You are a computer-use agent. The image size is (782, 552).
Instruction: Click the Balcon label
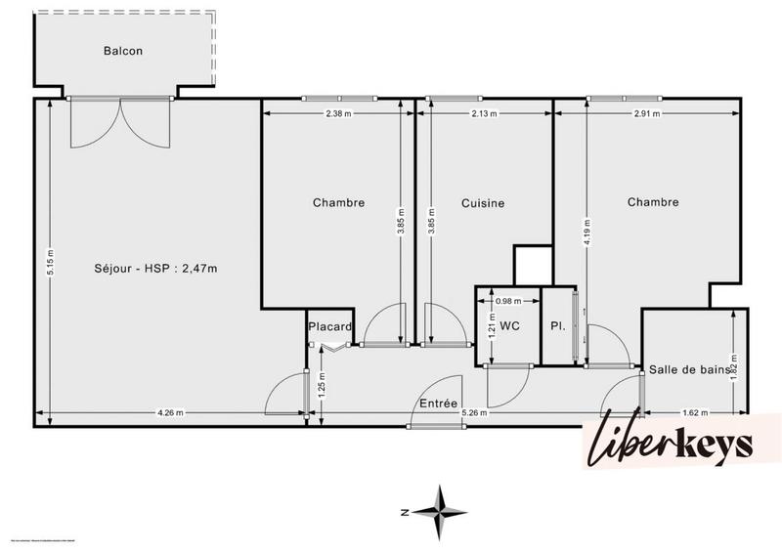[124, 51]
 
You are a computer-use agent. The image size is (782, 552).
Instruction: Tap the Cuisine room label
[483, 203]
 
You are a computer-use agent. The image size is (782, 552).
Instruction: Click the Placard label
[329, 326]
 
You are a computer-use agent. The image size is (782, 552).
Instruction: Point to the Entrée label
[438, 403]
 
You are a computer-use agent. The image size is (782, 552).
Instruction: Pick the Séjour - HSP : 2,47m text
[155, 269]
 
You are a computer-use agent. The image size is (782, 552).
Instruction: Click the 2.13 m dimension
[484, 114]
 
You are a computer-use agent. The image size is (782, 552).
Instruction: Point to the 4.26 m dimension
[171, 412]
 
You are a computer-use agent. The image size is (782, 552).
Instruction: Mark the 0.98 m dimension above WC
[509, 302]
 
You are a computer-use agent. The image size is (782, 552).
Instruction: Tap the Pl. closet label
[557, 326]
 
